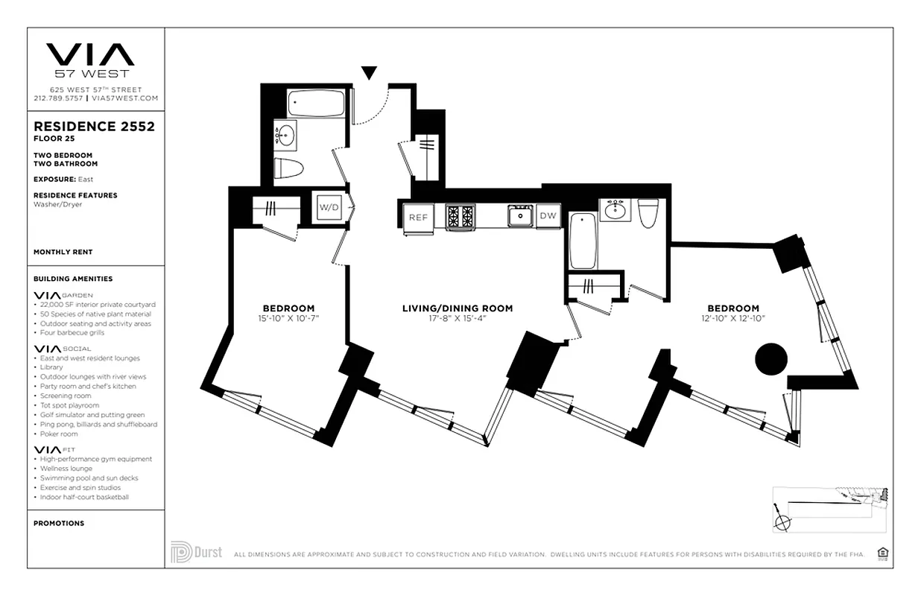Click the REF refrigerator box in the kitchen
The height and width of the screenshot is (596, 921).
[x=417, y=217]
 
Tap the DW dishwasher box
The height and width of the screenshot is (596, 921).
[x=548, y=215]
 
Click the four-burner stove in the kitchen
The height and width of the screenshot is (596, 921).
[x=460, y=216]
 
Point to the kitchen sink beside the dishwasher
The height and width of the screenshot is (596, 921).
[x=519, y=215]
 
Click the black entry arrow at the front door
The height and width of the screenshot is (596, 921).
[x=369, y=72]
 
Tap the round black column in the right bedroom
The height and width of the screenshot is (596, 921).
[x=770, y=360]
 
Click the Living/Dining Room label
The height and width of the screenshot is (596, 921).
[x=457, y=308]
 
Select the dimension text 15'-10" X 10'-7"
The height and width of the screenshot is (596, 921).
[x=288, y=319]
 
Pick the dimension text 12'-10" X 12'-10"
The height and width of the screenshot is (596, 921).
[x=733, y=319]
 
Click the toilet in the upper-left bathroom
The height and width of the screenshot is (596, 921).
[x=288, y=168]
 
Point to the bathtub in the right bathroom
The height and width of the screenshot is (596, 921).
[x=582, y=241]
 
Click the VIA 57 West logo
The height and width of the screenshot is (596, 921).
[x=91, y=59]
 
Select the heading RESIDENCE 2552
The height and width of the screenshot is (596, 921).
[x=94, y=127]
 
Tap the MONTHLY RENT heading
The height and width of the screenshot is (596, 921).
[x=63, y=253]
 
